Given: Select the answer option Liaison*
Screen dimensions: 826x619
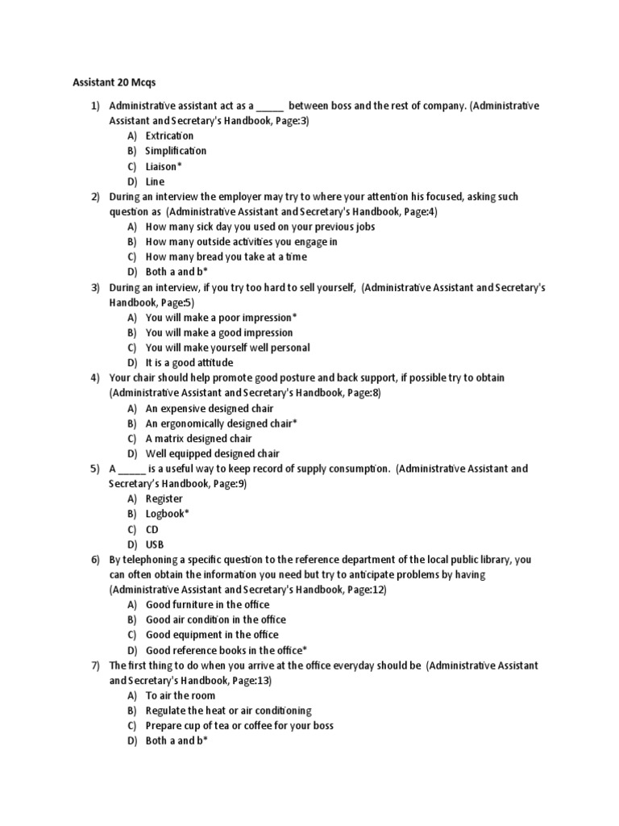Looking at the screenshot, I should click(168, 166).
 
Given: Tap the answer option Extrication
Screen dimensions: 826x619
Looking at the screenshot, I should click(169, 136).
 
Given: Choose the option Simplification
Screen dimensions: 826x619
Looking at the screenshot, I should click(176, 151).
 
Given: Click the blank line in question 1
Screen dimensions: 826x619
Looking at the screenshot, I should click(271, 106).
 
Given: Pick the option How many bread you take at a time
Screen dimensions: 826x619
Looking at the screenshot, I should click(226, 257).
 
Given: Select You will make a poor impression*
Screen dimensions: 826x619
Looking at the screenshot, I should click(221, 317).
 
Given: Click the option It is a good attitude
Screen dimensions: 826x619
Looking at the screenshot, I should click(189, 363).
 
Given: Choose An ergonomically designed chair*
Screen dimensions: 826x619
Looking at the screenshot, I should click(221, 423).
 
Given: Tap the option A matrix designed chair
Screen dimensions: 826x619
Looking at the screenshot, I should click(198, 439).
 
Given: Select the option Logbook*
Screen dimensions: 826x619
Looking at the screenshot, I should click(167, 514).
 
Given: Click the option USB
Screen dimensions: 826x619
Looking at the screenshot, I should click(154, 544).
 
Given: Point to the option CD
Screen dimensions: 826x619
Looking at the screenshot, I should click(152, 529).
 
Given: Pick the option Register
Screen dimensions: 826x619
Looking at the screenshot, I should click(164, 499).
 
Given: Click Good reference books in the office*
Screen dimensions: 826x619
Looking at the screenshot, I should click(226, 650).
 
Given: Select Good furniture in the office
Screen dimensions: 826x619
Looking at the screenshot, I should click(207, 604).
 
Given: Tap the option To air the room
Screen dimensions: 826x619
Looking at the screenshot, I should click(179, 695).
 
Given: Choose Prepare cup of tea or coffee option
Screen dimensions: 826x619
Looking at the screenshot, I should click(239, 725).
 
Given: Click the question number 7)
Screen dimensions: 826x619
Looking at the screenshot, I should click(94, 665).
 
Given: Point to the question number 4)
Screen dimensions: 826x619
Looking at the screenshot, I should click(94, 378).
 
